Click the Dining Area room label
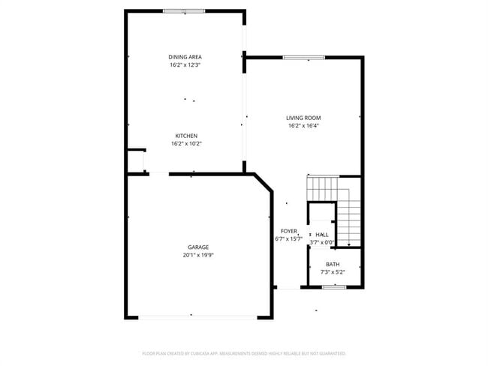pos(185,57)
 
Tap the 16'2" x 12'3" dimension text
pos(185,65)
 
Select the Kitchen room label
pos(186,136)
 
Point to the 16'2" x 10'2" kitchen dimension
pos(186,143)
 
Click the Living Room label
pos(303,118)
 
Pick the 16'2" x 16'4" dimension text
pos(303,125)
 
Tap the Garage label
pos(198,247)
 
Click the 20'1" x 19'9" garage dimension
pos(198,255)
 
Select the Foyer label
pos(289,231)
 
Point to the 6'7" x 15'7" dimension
pos(289,239)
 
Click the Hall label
pos(322,235)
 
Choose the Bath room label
pos(333,264)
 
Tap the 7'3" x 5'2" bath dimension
pos(333,271)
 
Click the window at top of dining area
pos(184,11)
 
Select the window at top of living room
pos(304,58)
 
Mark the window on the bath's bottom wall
pos(334,287)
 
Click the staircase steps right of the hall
pos(349,217)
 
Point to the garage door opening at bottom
pos(199,318)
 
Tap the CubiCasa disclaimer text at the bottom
pos(244,352)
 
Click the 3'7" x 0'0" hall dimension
pos(322,242)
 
